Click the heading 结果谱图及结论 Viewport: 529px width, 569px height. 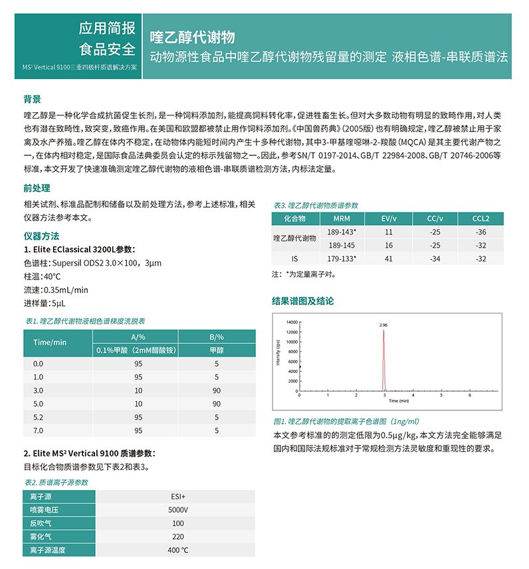pyautogui.click(x=302, y=301)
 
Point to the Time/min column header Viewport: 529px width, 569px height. pyautogui.click(x=50, y=342)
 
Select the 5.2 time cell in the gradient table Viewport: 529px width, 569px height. pyautogui.click(x=38, y=417)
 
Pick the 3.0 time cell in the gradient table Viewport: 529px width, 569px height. pyautogui.click(x=38, y=390)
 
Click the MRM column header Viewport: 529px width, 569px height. pyautogui.click(x=342, y=218)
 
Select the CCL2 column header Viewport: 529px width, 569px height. pyautogui.click(x=481, y=218)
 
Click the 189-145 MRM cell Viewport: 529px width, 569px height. pyautogui.click(x=342, y=245)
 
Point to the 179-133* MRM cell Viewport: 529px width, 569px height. pyautogui.click(x=342, y=258)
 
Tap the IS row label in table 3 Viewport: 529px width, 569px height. pyautogui.click(x=295, y=258)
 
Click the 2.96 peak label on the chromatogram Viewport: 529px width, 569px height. pyautogui.click(x=383, y=325)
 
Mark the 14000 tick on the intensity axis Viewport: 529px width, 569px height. pyautogui.click(x=292, y=322)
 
